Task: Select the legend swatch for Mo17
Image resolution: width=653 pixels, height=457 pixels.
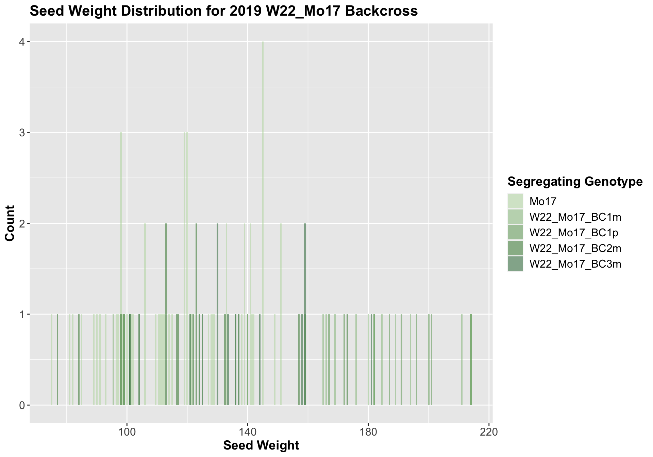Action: tap(515, 201)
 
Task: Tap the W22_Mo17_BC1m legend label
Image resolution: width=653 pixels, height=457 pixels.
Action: tap(575, 217)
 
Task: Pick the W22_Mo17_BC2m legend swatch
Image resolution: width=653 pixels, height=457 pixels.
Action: tap(515, 248)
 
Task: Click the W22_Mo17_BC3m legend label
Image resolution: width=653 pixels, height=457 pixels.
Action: tap(575, 264)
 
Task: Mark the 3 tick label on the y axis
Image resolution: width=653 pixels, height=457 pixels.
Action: tap(22, 133)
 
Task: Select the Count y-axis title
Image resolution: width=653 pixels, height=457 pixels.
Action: tap(10, 223)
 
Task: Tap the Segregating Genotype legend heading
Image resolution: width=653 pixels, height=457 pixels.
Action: tap(575, 182)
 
